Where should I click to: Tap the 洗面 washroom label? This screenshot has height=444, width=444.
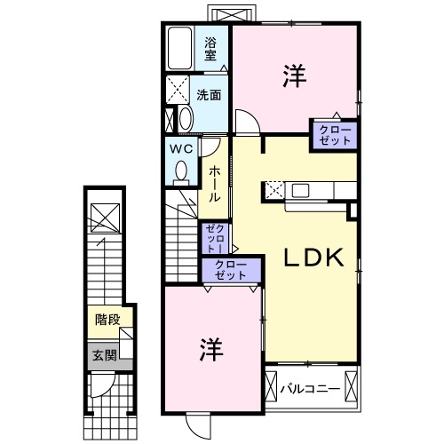(210, 95)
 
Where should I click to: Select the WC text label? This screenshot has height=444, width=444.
(182, 147)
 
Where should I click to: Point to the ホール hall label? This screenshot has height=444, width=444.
(214, 184)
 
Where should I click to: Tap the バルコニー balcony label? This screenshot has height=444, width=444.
(311, 388)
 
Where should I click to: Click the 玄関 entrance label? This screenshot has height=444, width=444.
(104, 355)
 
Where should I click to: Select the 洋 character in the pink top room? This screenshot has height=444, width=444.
(295, 76)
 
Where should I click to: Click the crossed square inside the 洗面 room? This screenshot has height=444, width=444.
(178, 91)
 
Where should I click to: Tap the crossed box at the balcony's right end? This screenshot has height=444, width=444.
(354, 387)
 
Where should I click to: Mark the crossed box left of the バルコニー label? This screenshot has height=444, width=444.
(272, 388)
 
